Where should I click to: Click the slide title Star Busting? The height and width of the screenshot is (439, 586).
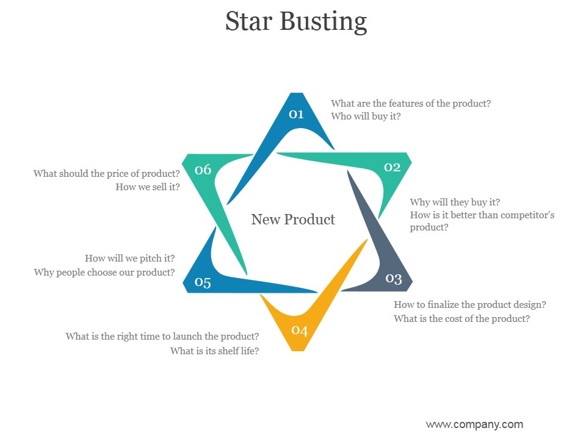click(296, 21)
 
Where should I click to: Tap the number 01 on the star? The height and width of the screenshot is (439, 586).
click(297, 114)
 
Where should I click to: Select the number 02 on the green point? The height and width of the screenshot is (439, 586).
click(392, 167)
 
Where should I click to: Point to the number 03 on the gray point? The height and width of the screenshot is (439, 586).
click(394, 279)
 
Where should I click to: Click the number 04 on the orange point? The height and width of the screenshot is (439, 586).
click(299, 330)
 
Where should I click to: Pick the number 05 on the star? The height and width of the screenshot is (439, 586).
click(203, 282)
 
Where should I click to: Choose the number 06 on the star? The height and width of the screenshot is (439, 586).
click(203, 170)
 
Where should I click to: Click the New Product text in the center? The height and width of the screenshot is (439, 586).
click(293, 220)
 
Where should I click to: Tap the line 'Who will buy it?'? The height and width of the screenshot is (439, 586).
click(366, 116)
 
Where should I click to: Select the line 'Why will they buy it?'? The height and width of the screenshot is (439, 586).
click(455, 202)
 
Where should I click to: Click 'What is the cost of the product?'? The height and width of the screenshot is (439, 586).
click(461, 319)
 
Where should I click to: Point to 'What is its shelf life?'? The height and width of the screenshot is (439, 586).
click(214, 351)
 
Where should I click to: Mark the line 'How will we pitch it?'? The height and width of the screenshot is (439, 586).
click(130, 259)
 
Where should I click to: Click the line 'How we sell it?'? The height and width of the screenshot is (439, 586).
click(148, 187)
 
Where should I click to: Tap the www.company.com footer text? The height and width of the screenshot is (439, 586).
click(474, 424)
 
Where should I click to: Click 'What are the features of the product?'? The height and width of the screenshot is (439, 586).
click(411, 104)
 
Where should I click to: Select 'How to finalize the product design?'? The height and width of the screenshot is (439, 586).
click(469, 305)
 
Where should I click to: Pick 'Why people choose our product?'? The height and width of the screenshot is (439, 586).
click(104, 273)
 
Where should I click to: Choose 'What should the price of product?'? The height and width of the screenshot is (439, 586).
click(107, 174)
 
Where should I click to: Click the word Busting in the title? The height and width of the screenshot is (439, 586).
click(324, 21)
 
